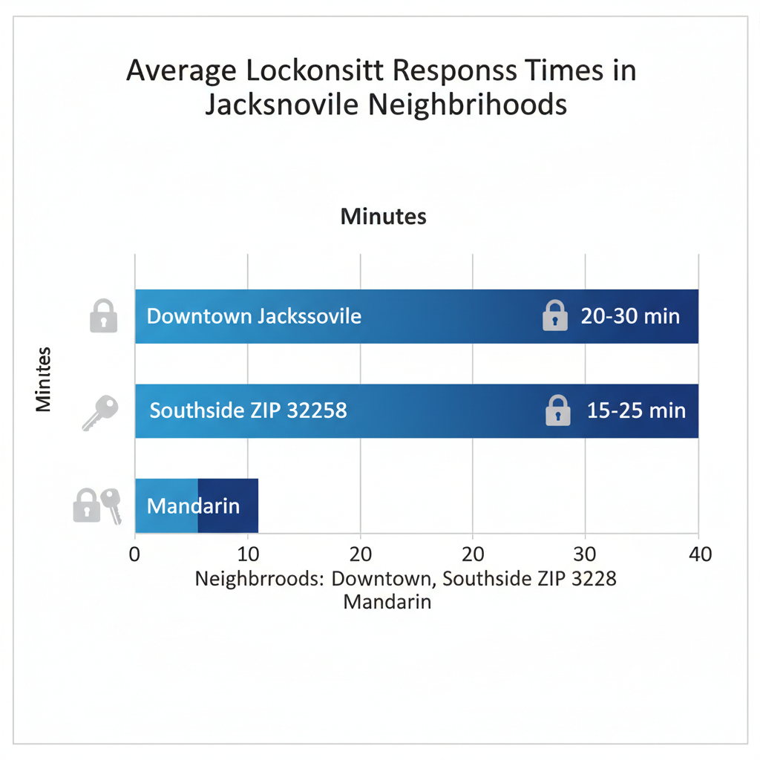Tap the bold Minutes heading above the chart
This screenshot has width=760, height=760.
click(x=383, y=217)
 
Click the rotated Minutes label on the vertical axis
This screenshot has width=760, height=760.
click(x=44, y=379)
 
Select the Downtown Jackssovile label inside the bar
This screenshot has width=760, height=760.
click(x=254, y=316)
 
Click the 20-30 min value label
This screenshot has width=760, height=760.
click(x=630, y=316)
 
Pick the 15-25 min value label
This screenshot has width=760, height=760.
click(x=636, y=410)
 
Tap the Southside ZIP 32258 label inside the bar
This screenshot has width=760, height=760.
click(x=248, y=410)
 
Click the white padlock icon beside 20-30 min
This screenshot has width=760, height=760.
click(x=555, y=315)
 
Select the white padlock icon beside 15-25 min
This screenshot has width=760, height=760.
click(x=557, y=410)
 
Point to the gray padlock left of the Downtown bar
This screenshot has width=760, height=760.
click(x=103, y=315)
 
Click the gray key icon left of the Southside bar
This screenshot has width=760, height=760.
click(x=99, y=412)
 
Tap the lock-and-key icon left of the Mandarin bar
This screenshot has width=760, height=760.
click(x=97, y=505)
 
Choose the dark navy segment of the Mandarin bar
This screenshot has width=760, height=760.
click(x=228, y=506)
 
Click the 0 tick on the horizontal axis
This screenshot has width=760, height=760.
click(x=134, y=554)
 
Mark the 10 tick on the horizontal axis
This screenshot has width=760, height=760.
click(x=247, y=554)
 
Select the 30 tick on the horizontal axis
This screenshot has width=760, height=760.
click(x=586, y=554)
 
